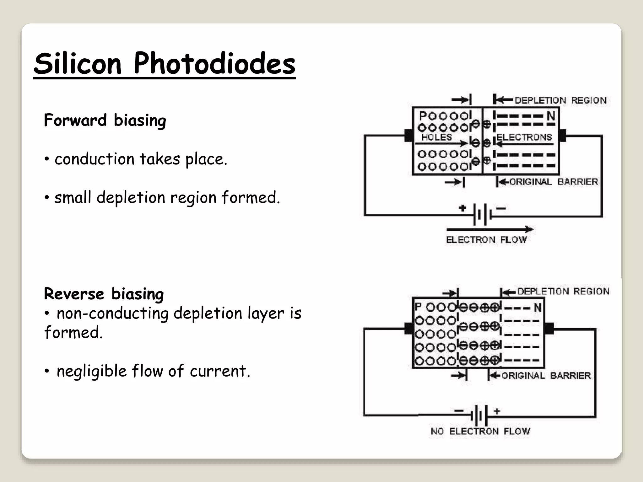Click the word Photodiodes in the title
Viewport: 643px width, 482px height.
(214, 64)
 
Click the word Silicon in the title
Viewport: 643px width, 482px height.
(78, 64)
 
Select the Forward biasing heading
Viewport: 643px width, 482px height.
(105, 120)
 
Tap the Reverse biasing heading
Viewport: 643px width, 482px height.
(104, 294)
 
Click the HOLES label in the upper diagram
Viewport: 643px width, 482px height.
(436, 137)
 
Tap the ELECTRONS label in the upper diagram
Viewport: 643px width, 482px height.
(524, 137)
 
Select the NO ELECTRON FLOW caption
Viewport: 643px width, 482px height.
(480, 431)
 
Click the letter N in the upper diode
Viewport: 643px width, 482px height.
(551, 116)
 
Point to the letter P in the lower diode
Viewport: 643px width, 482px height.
(418, 307)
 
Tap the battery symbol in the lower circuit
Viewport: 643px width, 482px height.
(479, 416)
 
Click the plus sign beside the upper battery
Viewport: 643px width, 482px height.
(462, 208)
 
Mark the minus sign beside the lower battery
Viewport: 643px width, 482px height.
(459, 411)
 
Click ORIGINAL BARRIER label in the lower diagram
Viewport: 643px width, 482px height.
(546, 376)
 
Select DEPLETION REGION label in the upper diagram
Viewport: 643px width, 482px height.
(560, 100)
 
